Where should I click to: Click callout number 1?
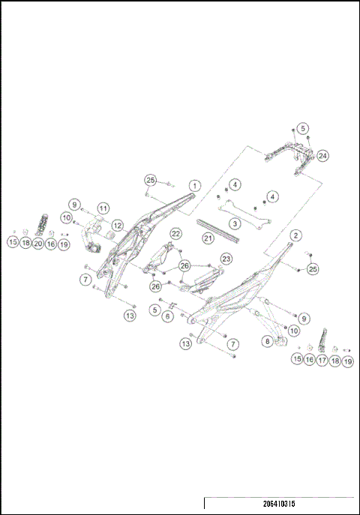[194, 184]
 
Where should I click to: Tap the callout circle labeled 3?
[235, 223]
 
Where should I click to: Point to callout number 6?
[168, 316]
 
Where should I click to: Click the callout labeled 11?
[103, 208]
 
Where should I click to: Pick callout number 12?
[117, 224]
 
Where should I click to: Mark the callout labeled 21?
[208, 238]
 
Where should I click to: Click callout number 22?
[175, 234]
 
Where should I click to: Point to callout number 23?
[226, 259]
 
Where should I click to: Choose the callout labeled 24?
[322, 156]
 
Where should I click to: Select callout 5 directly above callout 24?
[303, 128]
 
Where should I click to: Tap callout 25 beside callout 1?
[151, 180]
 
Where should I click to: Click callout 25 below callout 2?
[313, 268]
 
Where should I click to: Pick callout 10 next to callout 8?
[294, 330]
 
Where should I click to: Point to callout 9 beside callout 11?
[75, 204]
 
